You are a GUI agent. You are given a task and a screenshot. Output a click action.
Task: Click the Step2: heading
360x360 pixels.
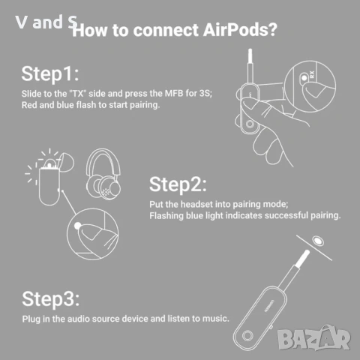tap(178, 184)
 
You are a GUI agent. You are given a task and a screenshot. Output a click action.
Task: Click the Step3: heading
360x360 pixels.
tap(49, 299)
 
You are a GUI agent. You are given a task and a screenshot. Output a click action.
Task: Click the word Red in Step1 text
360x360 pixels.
tap(29, 105)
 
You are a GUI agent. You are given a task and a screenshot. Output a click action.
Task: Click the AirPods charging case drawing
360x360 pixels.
tap(48, 180)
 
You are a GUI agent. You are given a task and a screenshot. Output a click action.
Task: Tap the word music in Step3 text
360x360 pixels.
tap(213, 319)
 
